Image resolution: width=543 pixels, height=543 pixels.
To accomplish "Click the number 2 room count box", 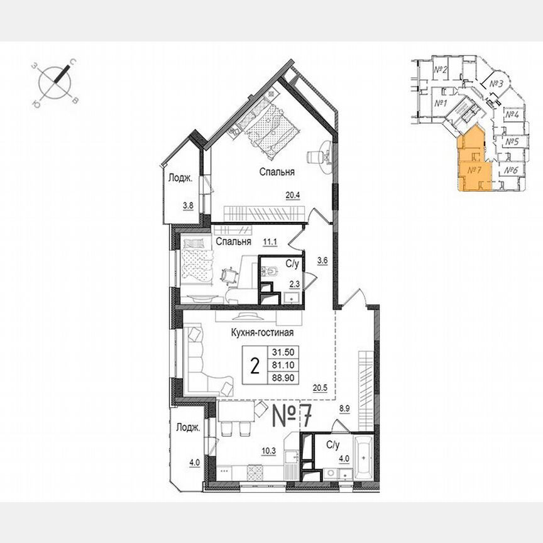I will click(x=255, y=366).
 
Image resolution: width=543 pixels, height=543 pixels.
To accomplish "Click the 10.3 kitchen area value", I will click(x=251, y=449).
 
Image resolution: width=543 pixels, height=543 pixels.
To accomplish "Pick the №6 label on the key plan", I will click(x=511, y=170).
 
